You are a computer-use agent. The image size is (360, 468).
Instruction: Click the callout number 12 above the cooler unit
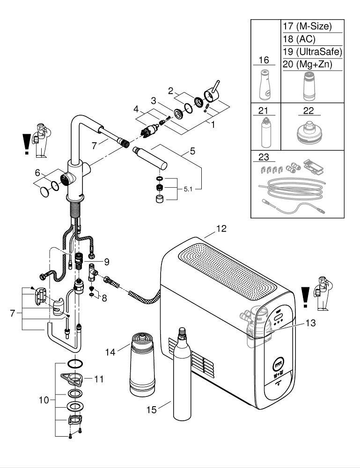[x=221, y=229]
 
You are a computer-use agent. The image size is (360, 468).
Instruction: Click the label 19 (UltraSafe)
[x=312, y=51]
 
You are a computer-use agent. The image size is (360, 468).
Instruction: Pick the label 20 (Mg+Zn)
[x=307, y=65]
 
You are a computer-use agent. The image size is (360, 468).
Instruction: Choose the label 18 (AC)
[x=298, y=39]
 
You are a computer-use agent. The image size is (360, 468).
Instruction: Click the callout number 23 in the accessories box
[x=263, y=158]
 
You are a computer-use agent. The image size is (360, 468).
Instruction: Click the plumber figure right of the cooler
[x=322, y=293]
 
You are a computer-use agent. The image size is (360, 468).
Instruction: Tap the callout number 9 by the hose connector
[x=106, y=261]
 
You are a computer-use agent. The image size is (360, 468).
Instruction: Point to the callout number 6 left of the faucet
[x=37, y=173]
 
